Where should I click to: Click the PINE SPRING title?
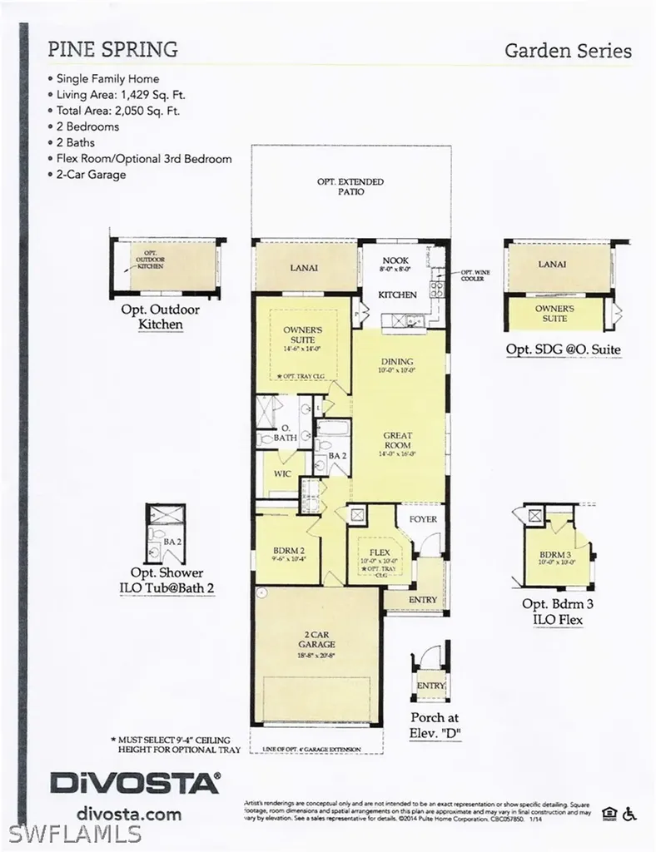112,49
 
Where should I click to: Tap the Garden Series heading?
568,51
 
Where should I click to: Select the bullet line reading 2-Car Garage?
91,175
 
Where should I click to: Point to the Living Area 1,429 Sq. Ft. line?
124,94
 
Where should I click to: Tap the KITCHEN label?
397,295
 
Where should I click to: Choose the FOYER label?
422,519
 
